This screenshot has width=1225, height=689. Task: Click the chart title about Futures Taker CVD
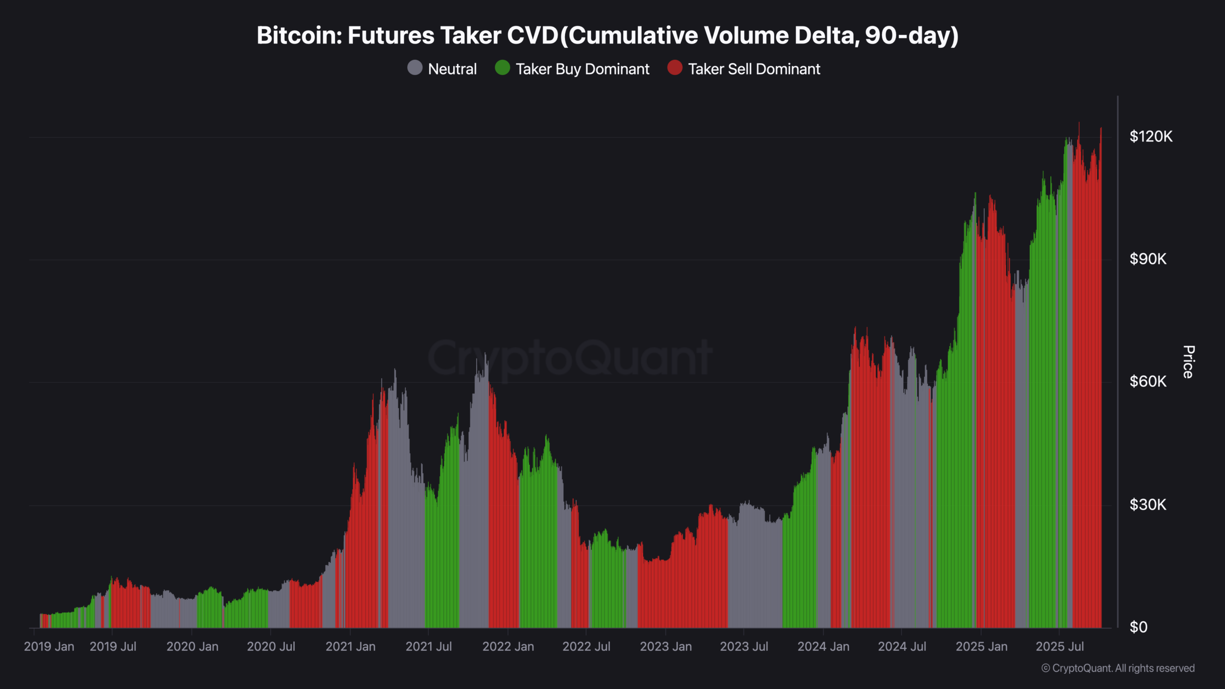608,35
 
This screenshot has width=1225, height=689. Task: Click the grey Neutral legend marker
415,68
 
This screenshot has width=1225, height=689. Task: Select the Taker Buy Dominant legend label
582,69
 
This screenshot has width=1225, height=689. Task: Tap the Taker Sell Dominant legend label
754,69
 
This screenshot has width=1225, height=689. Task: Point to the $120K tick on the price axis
1151,137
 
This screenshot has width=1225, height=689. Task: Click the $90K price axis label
1148,259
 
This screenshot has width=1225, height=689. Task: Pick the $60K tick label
1148,382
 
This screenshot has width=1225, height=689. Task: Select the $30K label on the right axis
1148,505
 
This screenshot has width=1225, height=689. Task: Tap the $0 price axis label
1138,627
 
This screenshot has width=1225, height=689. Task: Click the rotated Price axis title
1189,362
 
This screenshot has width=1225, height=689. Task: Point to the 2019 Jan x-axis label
49,647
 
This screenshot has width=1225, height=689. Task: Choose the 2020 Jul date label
271,647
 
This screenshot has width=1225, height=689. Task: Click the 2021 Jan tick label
350,647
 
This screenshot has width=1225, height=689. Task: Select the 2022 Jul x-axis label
586,647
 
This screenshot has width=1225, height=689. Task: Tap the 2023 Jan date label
666,647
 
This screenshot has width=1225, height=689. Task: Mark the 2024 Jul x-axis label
902,647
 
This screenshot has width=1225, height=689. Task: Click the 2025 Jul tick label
1059,647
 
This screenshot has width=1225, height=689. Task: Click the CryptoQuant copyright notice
1118,668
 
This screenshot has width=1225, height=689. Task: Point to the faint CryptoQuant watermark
569,358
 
